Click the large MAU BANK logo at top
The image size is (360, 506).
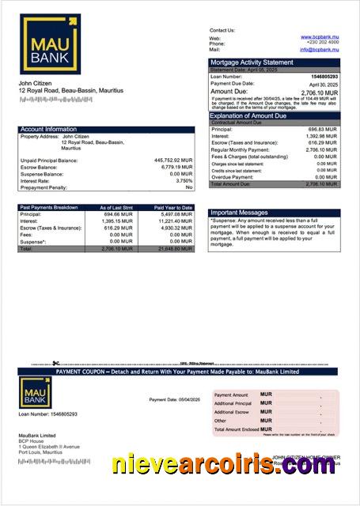[x=51, y=44]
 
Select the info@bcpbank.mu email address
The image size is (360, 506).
[x=319, y=50]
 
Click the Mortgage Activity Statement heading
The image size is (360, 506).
[x=251, y=62]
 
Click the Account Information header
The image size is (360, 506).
[x=48, y=129]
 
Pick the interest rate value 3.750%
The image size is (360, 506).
[x=184, y=180]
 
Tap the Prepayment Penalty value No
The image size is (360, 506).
[x=188, y=187]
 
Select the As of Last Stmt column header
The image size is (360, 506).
[x=116, y=207]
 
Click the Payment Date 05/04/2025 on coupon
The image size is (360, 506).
[x=176, y=399]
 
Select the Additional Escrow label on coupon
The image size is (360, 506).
[x=232, y=412]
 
